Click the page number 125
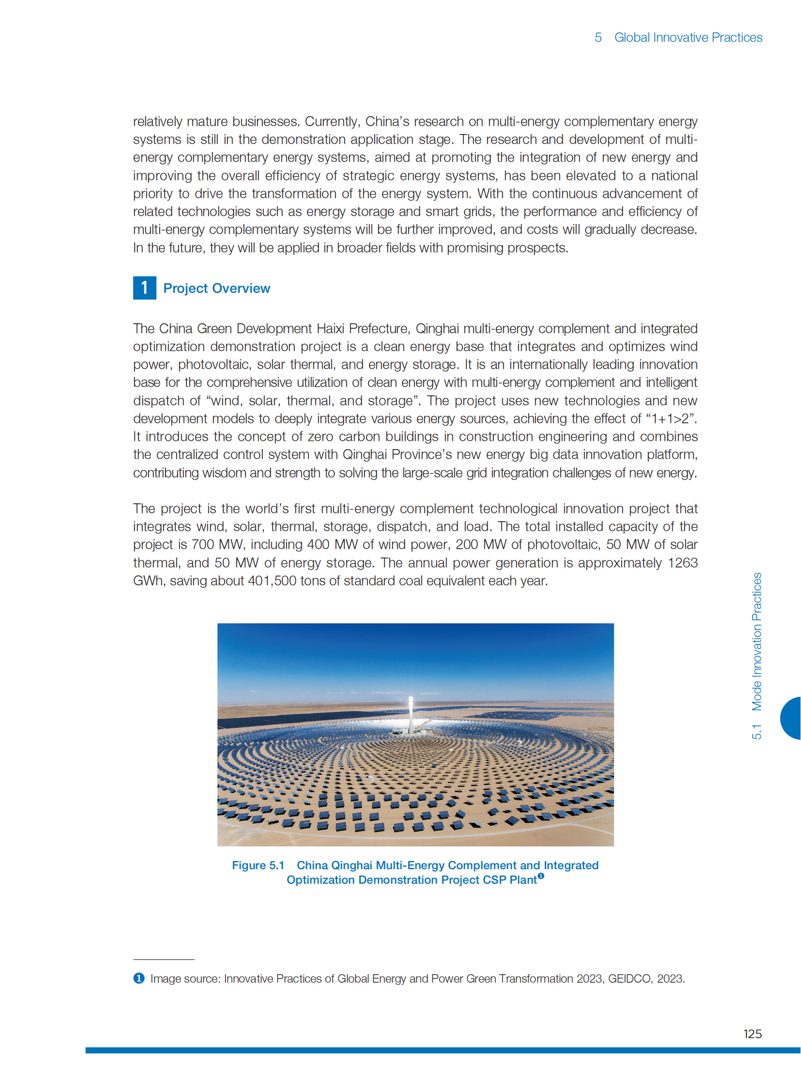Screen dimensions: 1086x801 tap(752, 1034)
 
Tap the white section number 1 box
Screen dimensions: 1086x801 tap(144, 288)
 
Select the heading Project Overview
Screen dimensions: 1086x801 tap(216, 288)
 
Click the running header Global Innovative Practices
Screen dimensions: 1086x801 tap(688, 37)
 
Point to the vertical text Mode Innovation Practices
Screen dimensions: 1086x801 tap(757, 642)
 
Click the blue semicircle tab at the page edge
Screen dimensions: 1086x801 tap(791, 718)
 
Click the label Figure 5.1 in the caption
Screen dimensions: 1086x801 tap(258, 865)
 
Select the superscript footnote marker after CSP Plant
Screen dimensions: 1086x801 tap(540, 875)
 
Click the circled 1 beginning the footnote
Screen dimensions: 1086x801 tap(139, 978)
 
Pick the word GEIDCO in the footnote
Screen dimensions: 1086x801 tap(630, 979)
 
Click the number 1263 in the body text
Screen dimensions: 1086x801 tap(682, 563)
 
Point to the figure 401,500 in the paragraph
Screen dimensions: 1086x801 tap(272, 581)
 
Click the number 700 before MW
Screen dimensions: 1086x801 tap(203, 545)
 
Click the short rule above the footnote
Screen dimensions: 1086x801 tap(164, 959)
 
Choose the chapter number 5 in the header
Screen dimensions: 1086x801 tap(598, 37)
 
